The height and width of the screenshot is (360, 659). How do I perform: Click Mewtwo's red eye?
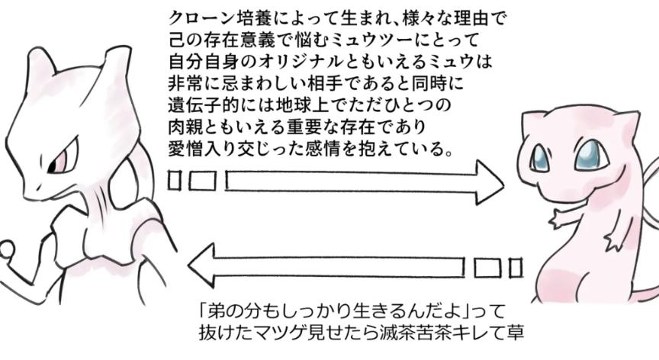click(60, 160)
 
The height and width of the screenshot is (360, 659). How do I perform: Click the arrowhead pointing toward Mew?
click(489, 182)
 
